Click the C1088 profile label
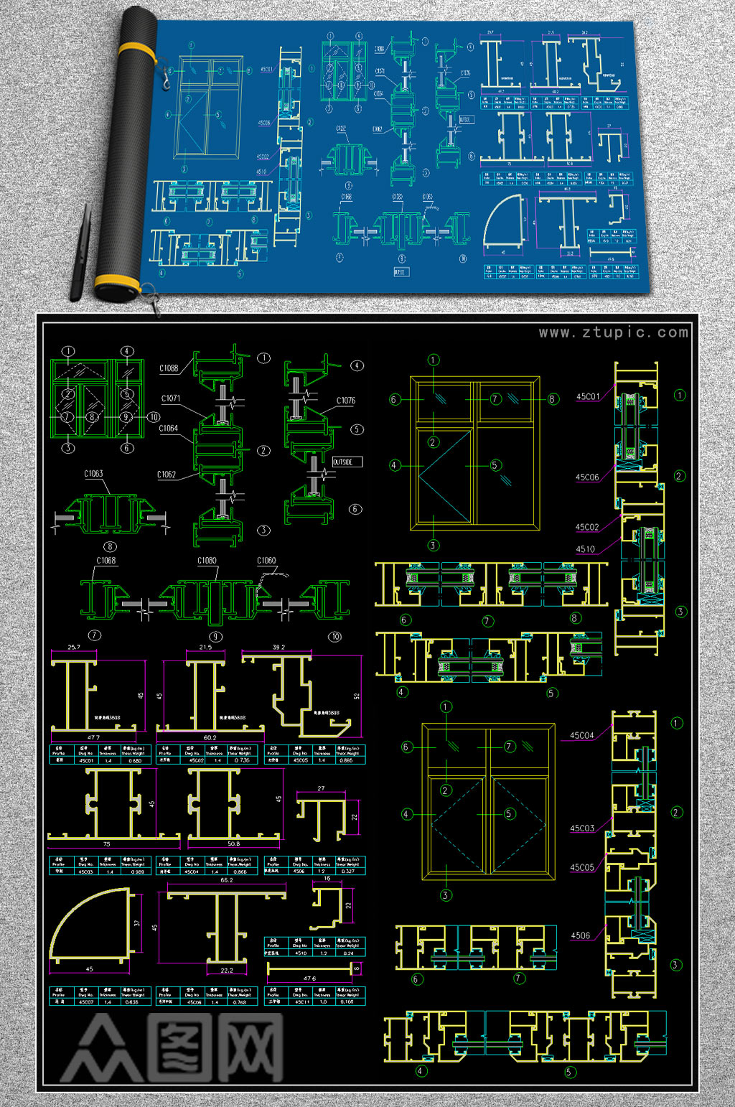169,368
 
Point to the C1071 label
171,398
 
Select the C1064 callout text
169,429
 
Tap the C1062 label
167,475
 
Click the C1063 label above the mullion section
93,474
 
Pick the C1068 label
106,561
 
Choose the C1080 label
207,561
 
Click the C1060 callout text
266,561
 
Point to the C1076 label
346,401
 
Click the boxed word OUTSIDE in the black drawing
344,462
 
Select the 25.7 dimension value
74,648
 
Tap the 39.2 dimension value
278,648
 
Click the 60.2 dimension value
210,737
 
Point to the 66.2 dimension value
227,880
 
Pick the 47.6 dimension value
309,978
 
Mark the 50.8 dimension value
233,844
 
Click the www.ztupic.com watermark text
613,332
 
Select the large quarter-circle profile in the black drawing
90,926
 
